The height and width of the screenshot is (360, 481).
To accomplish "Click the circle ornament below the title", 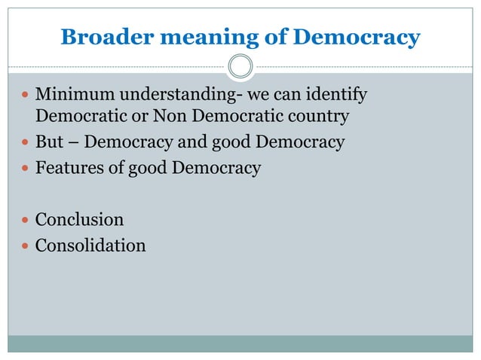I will click(240, 66).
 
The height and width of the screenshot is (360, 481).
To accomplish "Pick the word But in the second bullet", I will click(48, 142).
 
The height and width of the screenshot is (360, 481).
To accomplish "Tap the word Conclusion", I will click(79, 220).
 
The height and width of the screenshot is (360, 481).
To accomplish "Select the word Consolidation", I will click(90, 245).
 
